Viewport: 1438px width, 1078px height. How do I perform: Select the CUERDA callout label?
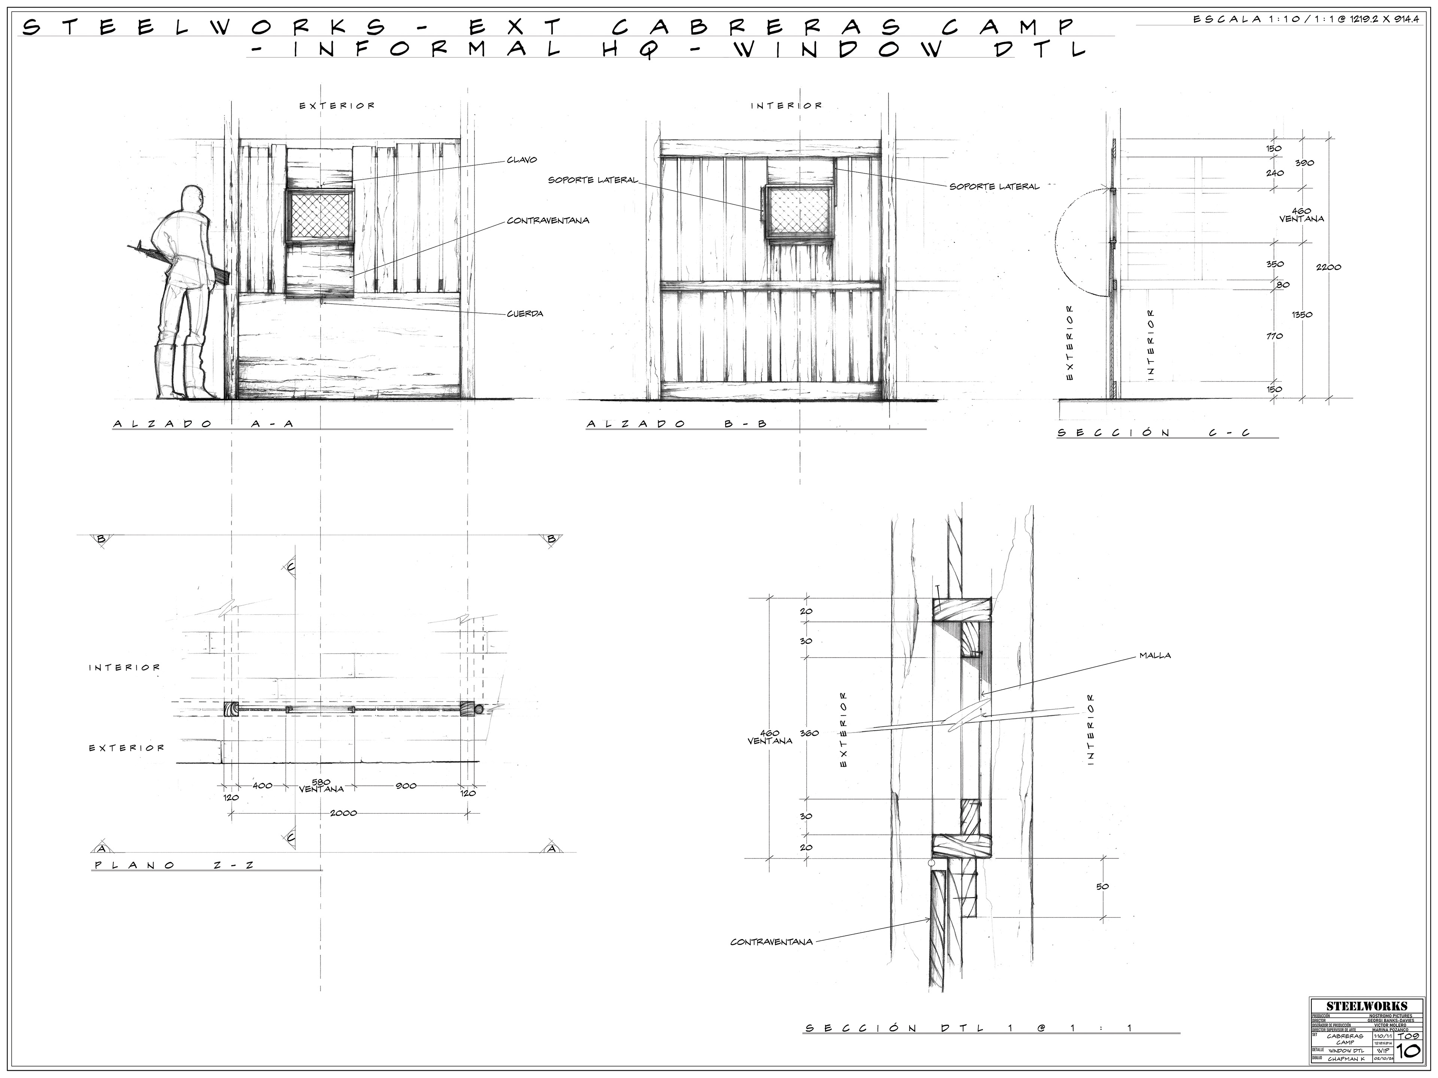(x=525, y=314)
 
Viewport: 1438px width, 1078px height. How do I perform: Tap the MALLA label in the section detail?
(x=1155, y=656)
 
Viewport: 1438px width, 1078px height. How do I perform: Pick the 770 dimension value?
(x=1274, y=336)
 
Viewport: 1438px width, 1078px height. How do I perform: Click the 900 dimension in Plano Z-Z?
(x=405, y=786)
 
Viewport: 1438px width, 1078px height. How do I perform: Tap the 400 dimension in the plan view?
(x=262, y=786)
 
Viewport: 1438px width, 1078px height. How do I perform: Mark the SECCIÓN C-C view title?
(x=1153, y=433)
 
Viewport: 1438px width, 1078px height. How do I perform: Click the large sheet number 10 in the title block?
(x=1407, y=1051)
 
